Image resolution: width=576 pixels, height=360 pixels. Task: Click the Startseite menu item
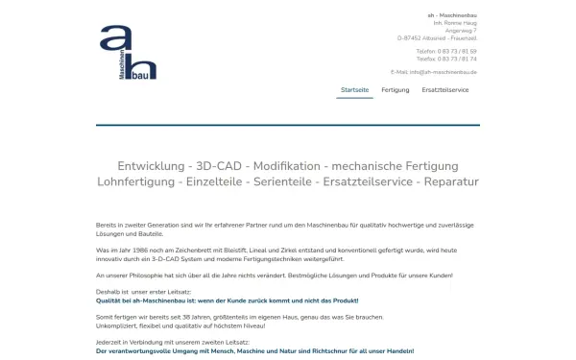point(354,89)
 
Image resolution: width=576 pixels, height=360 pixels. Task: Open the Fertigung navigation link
point(396,89)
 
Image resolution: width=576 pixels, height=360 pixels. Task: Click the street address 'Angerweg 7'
point(461,29)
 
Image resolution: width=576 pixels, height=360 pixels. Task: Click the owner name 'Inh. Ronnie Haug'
point(455,21)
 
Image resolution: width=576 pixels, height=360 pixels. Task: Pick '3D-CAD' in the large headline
point(222,165)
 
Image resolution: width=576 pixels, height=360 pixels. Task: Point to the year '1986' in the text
point(149,250)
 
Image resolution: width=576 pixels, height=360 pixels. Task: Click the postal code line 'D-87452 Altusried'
point(438,36)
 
